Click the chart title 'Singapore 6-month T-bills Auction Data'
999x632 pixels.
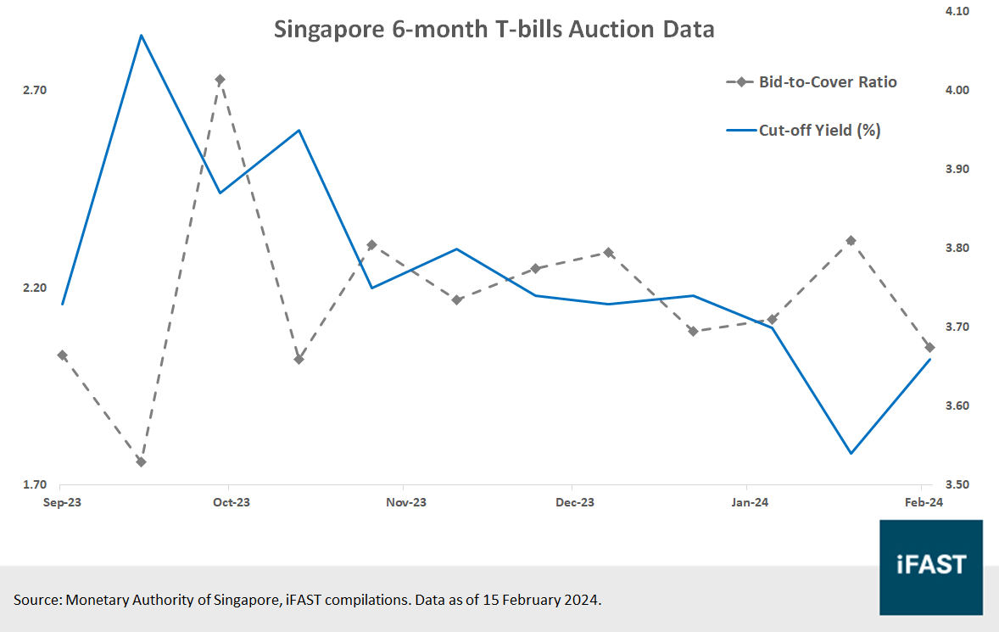coord(494,30)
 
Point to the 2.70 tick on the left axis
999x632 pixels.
coord(36,91)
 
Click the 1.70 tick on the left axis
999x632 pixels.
coord(36,485)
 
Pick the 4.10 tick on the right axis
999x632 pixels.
coord(957,11)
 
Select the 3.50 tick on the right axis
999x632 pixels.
coord(957,485)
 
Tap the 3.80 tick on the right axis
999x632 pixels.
coord(957,248)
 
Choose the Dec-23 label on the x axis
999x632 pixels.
coord(574,503)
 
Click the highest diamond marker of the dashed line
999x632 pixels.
coord(220,80)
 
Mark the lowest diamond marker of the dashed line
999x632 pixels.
coord(141,461)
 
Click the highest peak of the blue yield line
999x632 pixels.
coord(141,36)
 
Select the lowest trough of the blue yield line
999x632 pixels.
coord(851,453)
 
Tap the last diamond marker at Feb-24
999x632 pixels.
coord(929,348)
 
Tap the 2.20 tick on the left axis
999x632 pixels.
coord(36,288)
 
